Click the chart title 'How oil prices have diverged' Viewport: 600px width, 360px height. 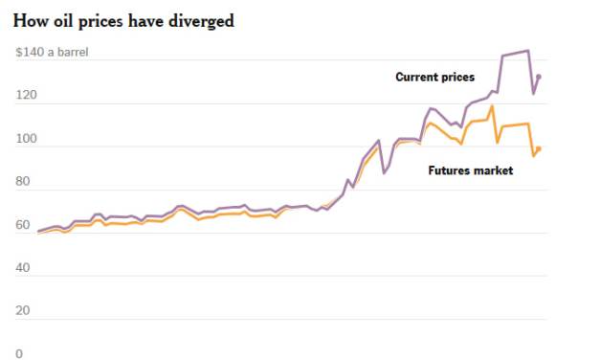123,20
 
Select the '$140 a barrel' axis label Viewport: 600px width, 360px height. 52,52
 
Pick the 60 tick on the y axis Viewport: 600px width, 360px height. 21,225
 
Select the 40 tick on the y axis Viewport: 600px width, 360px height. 21,268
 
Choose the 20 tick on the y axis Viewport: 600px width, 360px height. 21,311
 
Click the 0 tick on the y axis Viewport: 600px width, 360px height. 18,353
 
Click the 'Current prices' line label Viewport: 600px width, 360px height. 434,77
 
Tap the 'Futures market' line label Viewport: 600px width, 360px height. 471,170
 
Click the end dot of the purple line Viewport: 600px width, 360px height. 539,77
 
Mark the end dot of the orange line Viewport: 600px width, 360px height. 539,148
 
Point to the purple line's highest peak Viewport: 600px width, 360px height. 527,51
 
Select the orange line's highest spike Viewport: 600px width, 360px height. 492,106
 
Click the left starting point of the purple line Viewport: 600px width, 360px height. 39,231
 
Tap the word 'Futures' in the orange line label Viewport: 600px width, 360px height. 449,170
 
